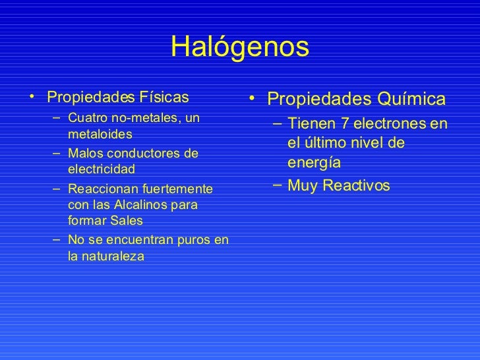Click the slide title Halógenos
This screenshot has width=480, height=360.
click(x=239, y=47)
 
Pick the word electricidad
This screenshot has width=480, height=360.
click(x=101, y=169)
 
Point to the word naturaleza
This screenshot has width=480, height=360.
click(x=105, y=255)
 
